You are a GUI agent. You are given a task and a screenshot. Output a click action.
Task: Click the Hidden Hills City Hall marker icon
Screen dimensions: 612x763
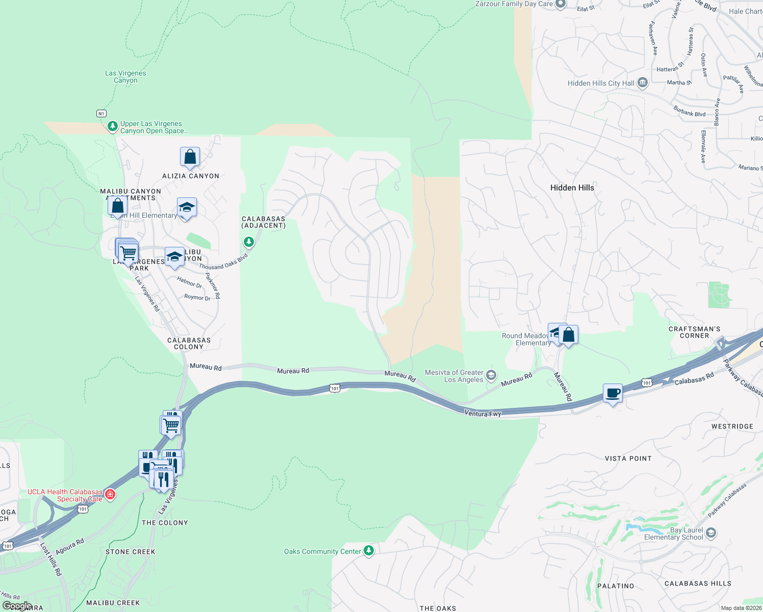click(642, 83)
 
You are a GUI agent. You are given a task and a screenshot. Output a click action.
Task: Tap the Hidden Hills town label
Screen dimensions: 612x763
click(572, 188)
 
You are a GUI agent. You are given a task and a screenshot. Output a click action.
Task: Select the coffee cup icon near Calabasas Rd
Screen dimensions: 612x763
click(613, 394)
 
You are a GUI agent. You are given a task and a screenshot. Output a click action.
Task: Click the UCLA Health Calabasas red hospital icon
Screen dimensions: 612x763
click(110, 494)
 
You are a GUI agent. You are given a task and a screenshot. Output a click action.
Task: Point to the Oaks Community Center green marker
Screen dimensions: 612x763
click(368, 551)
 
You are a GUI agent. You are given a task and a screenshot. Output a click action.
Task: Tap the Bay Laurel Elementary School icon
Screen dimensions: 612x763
click(711, 533)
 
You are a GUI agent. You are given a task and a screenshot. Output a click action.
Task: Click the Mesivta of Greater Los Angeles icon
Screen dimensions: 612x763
click(491, 376)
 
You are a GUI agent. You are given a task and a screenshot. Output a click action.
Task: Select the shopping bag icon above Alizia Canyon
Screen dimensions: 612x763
click(190, 157)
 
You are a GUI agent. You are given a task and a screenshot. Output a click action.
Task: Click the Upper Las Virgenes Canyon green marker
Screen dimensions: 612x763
click(113, 126)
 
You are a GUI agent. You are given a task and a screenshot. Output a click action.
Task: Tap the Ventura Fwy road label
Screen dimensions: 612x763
click(482, 414)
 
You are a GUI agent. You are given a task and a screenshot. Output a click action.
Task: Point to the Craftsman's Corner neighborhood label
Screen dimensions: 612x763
click(694, 332)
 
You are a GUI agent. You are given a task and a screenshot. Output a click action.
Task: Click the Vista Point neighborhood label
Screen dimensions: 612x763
click(628, 458)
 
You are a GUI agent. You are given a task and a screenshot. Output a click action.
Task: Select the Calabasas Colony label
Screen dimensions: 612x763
click(189, 343)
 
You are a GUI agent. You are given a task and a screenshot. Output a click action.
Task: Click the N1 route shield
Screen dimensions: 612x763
click(101, 113)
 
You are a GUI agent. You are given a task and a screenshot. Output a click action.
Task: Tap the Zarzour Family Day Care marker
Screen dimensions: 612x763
click(560, 4)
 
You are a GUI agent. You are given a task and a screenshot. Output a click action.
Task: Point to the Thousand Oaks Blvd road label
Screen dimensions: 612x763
click(223, 262)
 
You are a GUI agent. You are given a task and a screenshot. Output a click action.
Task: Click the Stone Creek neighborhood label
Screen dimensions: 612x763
click(130, 552)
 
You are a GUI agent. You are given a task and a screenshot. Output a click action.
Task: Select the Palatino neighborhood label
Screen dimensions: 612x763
click(616, 586)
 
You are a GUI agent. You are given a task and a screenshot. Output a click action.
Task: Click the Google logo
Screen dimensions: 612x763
click(17, 606)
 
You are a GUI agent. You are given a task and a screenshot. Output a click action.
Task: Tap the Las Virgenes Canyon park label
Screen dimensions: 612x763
click(125, 76)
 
